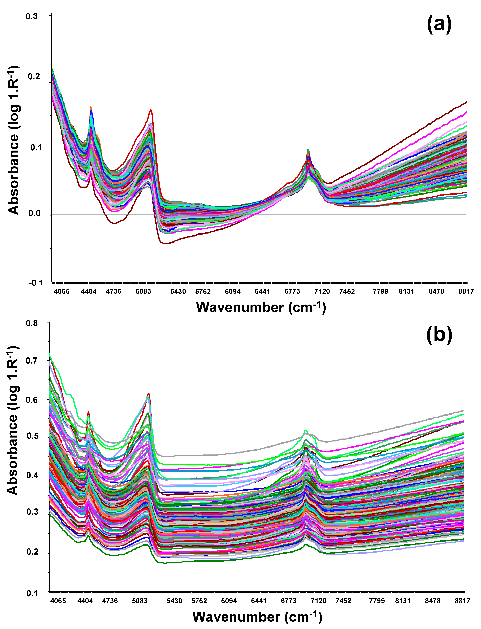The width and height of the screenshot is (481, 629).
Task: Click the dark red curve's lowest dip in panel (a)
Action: click(x=166, y=243)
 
